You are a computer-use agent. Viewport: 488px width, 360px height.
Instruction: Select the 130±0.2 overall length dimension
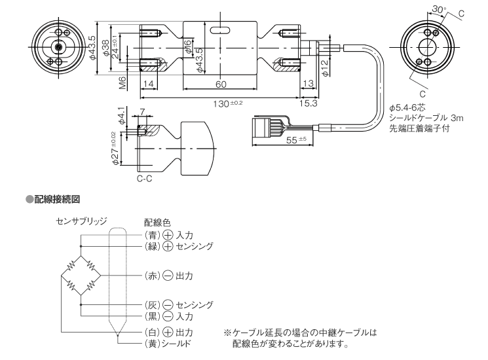[224, 103]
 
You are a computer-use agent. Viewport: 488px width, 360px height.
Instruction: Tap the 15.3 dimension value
[309, 103]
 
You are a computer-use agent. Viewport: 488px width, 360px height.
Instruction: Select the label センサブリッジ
[82, 221]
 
